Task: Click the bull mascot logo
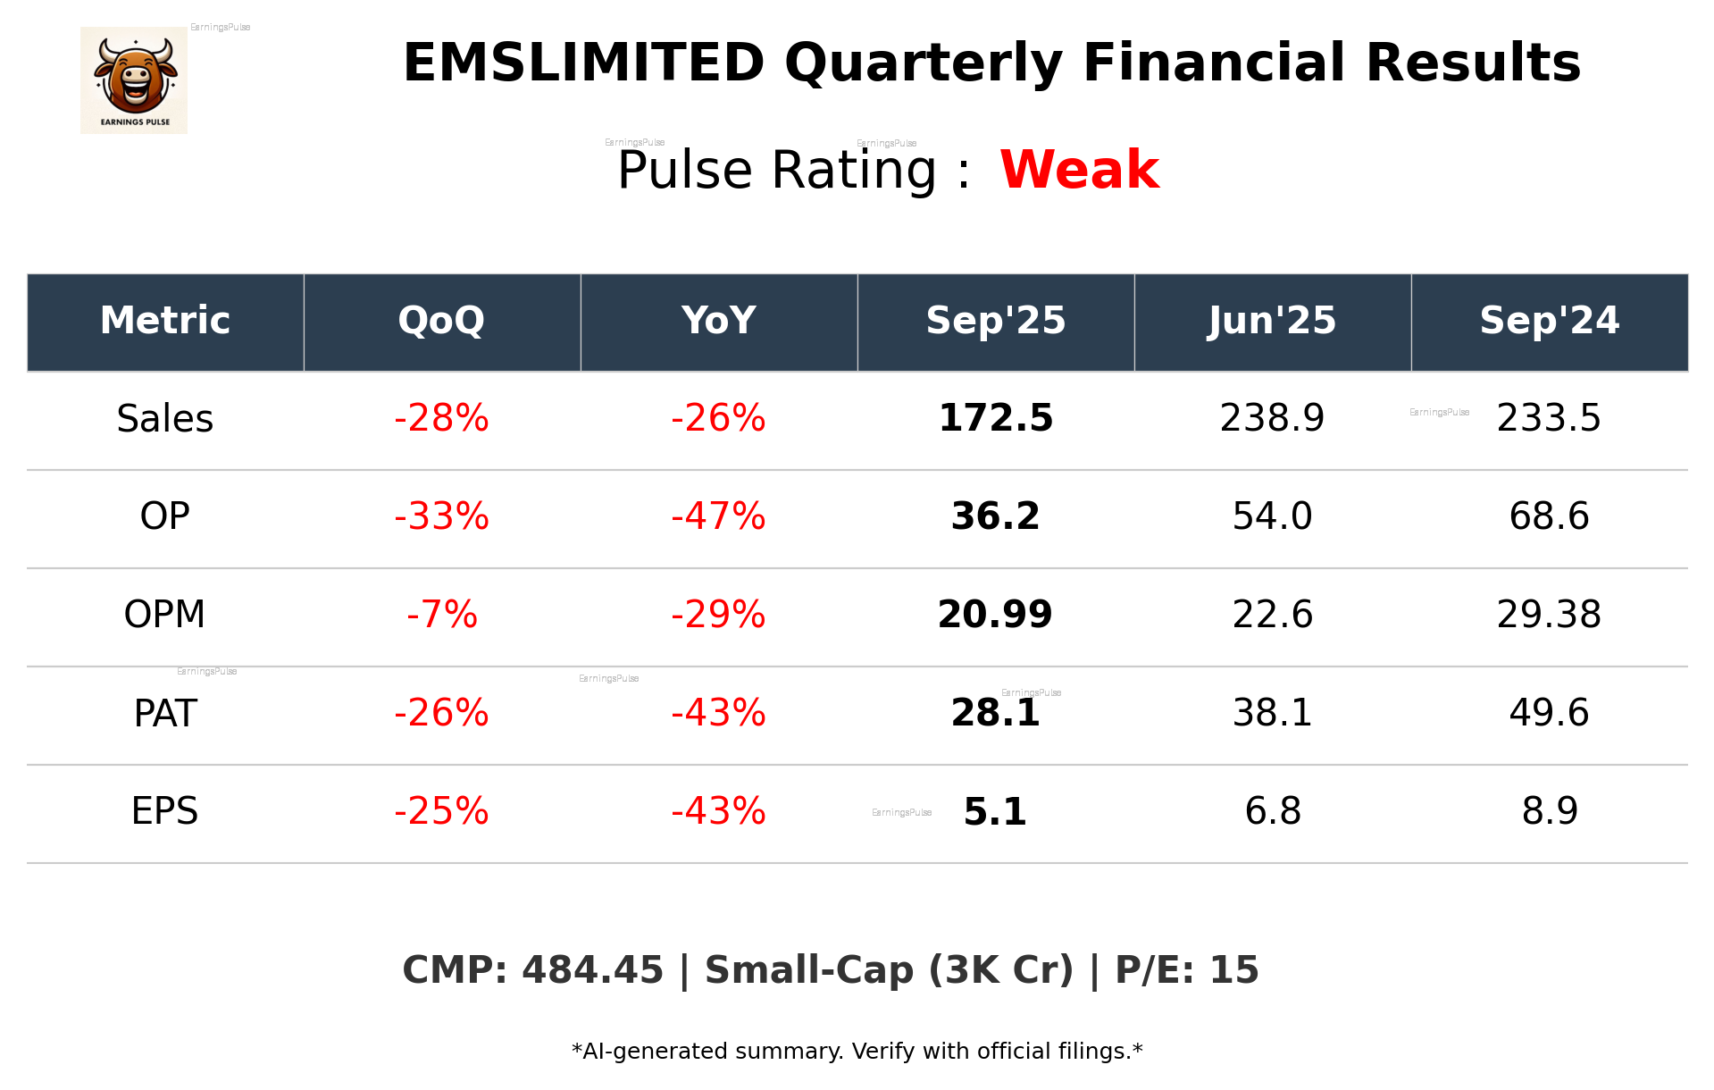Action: click(x=134, y=80)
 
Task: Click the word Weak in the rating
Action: click(x=1079, y=170)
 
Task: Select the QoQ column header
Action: click(x=441, y=321)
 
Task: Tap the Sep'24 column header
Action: click(x=1549, y=321)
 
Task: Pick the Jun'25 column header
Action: click(x=1272, y=321)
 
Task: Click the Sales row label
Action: click(x=165, y=419)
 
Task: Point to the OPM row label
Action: click(x=165, y=615)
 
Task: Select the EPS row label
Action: click(x=165, y=811)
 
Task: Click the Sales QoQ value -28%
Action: click(x=441, y=419)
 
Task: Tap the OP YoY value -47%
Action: click(x=718, y=516)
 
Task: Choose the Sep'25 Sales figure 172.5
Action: click(x=995, y=419)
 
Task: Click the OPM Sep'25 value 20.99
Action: click(x=995, y=615)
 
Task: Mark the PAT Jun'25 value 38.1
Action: click(x=1272, y=713)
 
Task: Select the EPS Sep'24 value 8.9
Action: click(x=1549, y=811)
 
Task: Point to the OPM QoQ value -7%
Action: click(x=441, y=615)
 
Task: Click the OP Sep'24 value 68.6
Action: click(x=1549, y=516)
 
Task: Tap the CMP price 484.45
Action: click(x=592, y=970)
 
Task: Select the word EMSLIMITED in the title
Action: click(x=583, y=63)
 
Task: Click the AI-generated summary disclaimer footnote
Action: click(x=857, y=1052)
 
